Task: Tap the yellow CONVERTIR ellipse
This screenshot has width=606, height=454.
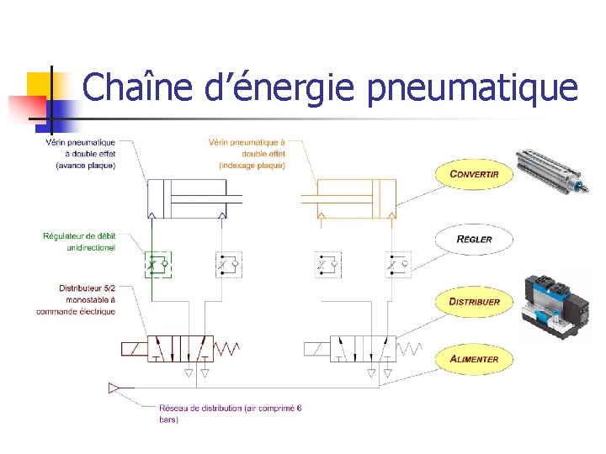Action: (474, 174)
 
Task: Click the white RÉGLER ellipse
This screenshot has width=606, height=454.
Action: (474, 239)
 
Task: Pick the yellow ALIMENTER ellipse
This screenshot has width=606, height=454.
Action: (474, 359)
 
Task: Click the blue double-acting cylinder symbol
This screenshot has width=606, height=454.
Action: (194, 198)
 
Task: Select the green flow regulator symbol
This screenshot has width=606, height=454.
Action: (157, 265)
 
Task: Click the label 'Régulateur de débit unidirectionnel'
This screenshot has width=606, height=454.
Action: (79, 241)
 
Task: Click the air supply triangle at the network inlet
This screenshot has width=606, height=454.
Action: (114, 388)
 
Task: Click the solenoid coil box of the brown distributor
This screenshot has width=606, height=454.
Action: (135, 347)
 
